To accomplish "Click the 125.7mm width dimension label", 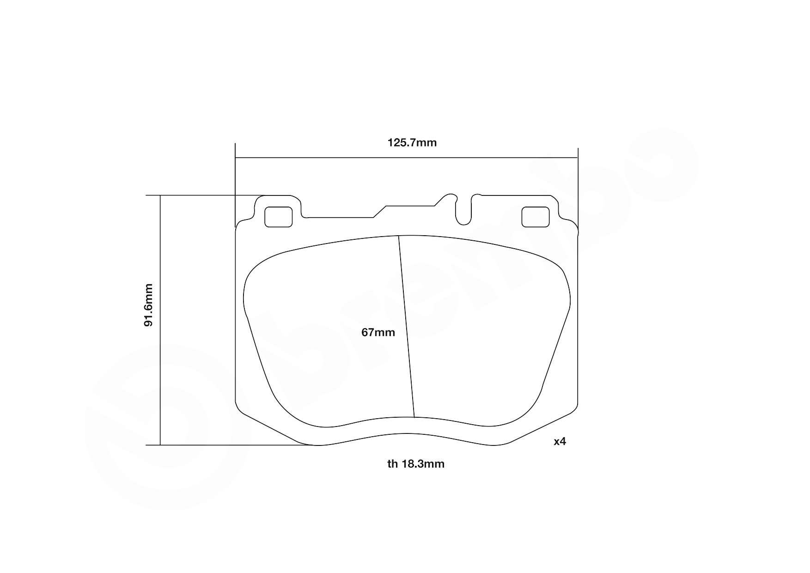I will (x=412, y=142).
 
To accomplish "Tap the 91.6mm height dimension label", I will (x=148, y=305).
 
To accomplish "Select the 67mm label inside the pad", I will (x=378, y=332).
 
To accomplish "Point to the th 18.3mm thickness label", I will (x=415, y=463).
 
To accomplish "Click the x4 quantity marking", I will (x=560, y=441).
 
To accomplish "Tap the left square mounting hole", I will (x=278, y=217).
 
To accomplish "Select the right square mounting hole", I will (x=535, y=217).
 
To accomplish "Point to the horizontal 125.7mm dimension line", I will (x=323, y=158).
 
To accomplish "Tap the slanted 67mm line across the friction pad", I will (x=407, y=328).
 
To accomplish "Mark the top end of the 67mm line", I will (x=399, y=236).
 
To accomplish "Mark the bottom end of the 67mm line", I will (x=414, y=417).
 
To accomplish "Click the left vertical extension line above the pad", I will (x=235, y=185).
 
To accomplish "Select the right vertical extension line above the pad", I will (x=578, y=185).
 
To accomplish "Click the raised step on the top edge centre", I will (x=410, y=206).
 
